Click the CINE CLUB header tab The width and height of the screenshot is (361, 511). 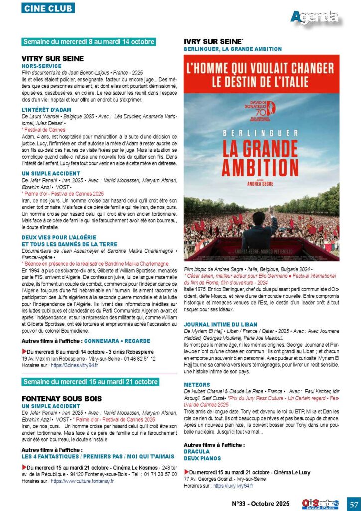pos(48,8)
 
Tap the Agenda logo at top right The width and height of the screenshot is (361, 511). pos(315,18)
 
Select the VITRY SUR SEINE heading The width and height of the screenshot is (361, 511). pos(52,58)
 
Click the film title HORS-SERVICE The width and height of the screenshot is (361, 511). pos(42,66)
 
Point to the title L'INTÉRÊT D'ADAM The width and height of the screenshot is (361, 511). pos(47,109)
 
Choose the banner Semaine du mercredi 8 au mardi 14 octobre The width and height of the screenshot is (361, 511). pos(89,42)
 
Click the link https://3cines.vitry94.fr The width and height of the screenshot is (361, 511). pos(74,365)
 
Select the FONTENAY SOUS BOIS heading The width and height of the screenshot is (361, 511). pos(62,398)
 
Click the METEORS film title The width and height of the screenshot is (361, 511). pos(197,385)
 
